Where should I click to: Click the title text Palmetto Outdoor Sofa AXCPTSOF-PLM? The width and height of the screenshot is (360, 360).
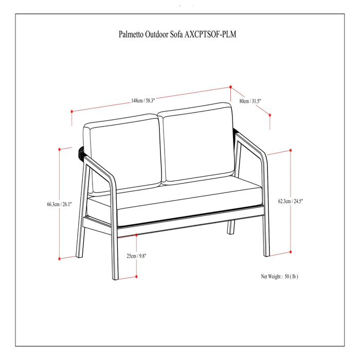pos(177,35)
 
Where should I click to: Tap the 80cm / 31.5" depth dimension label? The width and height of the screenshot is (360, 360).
pos(251,101)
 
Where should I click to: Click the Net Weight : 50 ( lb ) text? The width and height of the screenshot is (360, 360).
pos(280,276)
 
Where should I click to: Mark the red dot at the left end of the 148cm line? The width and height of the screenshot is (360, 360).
pos(71,111)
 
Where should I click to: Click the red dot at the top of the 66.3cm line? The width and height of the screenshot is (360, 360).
pos(60,149)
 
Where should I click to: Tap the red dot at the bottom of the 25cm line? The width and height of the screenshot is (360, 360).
pos(136,276)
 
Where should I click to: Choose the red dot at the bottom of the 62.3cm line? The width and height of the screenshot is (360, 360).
pos(291,251)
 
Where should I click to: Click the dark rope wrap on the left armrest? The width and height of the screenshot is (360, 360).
pos(82,154)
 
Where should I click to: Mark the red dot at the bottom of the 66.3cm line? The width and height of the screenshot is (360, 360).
pos(60,258)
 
